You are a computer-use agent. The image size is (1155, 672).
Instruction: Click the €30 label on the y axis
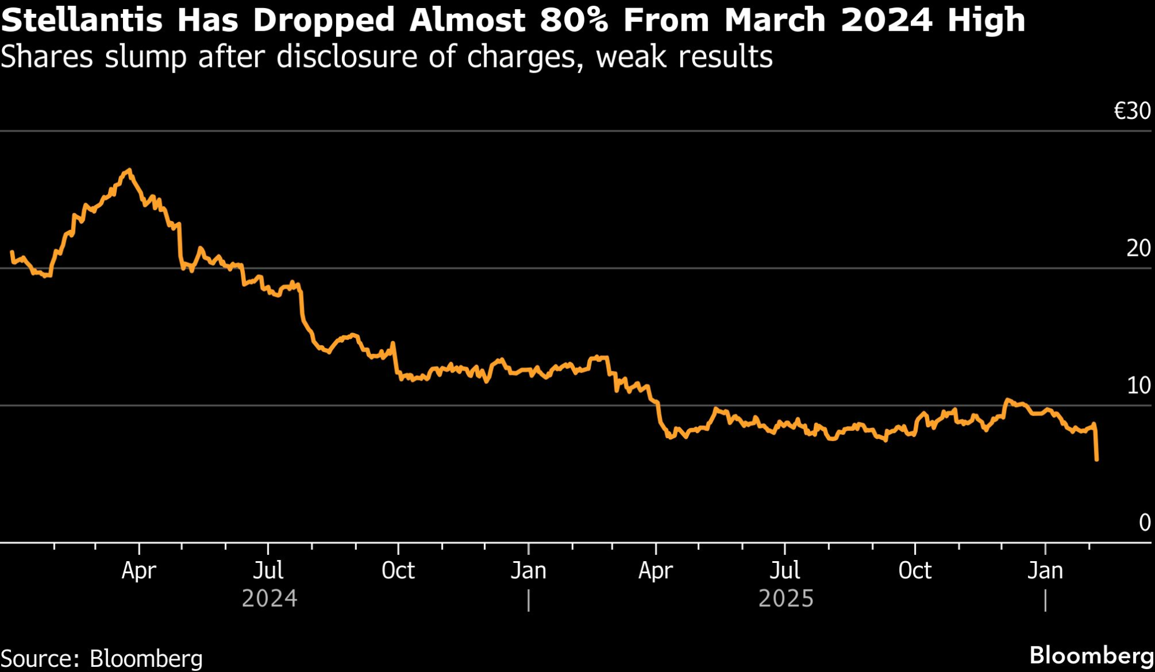[x=1132, y=111]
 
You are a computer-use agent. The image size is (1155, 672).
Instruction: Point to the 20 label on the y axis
[x=1138, y=248]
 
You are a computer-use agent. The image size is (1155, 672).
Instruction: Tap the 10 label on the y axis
[x=1139, y=386]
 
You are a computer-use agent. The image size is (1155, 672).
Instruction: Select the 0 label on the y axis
[x=1145, y=522]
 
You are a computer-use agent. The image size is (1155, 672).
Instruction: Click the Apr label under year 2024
[x=139, y=571]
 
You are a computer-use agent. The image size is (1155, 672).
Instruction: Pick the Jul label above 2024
[x=269, y=571]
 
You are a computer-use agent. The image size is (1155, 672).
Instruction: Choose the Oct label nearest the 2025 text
[x=915, y=571]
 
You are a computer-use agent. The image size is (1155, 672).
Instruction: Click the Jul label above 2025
[x=785, y=571]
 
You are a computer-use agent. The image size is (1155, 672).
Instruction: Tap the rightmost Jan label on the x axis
[x=1045, y=571]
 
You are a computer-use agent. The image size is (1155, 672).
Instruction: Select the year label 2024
[x=270, y=599]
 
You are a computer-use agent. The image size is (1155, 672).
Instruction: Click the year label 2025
[x=786, y=599]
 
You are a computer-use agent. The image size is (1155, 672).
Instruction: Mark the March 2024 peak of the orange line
[x=129, y=170]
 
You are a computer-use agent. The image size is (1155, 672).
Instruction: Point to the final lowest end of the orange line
[x=1097, y=460]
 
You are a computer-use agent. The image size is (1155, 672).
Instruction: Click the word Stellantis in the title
[x=81, y=20]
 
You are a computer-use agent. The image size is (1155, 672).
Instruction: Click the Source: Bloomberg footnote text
[x=102, y=659]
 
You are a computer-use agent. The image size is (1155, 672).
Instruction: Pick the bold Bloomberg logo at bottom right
[x=1091, y=656]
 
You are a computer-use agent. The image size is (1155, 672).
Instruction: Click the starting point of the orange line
[x=12, y=252]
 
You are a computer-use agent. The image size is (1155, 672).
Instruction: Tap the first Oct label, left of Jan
[x=398, y=571]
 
